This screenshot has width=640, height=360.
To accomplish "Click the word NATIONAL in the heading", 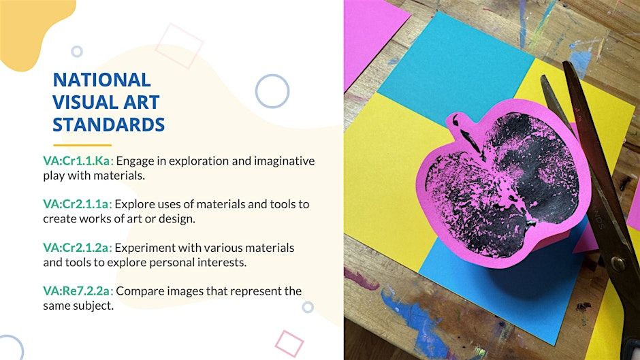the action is coord(101,80).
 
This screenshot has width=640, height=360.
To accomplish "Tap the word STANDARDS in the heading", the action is coord(108,125).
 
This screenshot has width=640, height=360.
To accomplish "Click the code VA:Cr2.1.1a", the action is coord(78,204).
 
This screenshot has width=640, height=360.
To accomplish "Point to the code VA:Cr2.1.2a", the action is coord(78,248).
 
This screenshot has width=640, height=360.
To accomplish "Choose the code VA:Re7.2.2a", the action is coord(78,291).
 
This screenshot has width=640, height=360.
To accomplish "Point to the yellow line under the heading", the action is coord(82,145).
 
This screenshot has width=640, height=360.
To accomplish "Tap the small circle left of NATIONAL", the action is coord(77,52).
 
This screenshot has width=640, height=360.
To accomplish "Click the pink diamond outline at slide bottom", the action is coord(289,344).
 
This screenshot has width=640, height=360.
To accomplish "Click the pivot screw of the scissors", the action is coord(618,263).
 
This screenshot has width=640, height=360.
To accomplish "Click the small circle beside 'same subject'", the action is coord(308,307).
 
